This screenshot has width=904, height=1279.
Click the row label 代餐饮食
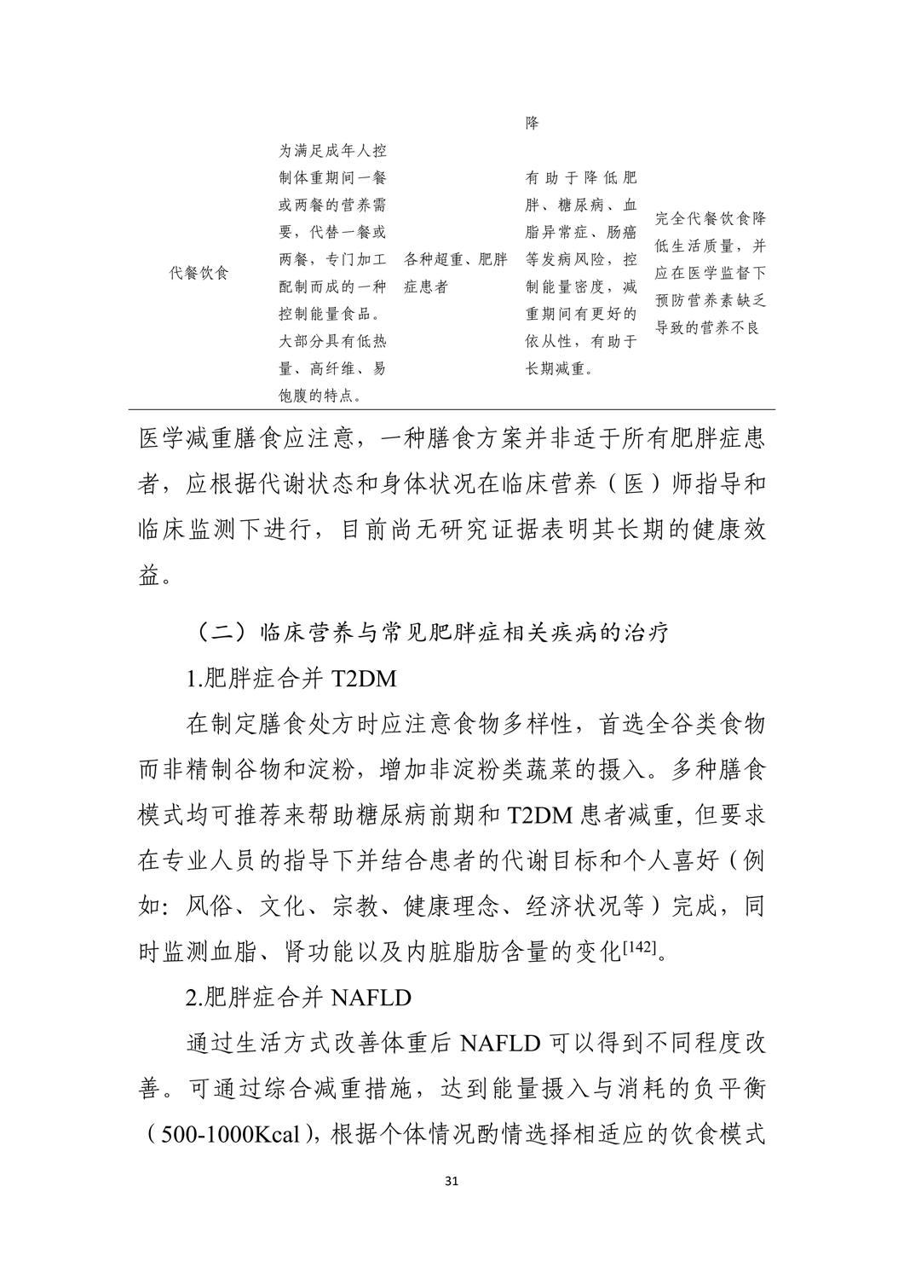pyautogui.click(x=199, y=273)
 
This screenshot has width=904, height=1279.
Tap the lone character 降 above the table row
pyautogui.click(x=533, y=123)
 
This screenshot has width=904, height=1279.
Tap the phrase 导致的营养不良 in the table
pyautogui.click(x=706, y=327)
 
